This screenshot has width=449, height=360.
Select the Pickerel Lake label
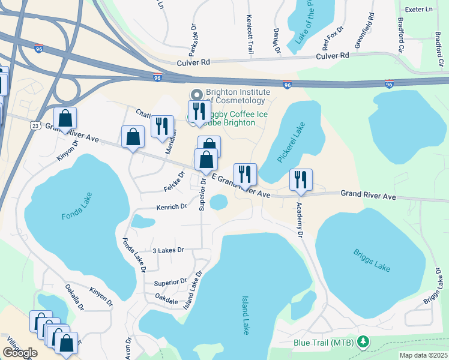click(x=284, y=142)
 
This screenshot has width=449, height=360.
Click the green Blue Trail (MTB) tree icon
click(x=363, y=343)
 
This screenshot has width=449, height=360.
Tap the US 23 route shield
click(x=35, y=125)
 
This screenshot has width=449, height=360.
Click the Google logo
click(x=19, y=353)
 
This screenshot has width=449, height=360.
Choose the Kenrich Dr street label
click(x=172, y=207)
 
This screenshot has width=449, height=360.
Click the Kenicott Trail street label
click(x=249, y=37)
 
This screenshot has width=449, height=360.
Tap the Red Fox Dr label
click(x=333, y=38)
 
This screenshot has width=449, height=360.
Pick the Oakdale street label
click(x=167, y=298)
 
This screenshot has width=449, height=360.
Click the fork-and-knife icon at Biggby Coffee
click(x=199, y=111)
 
